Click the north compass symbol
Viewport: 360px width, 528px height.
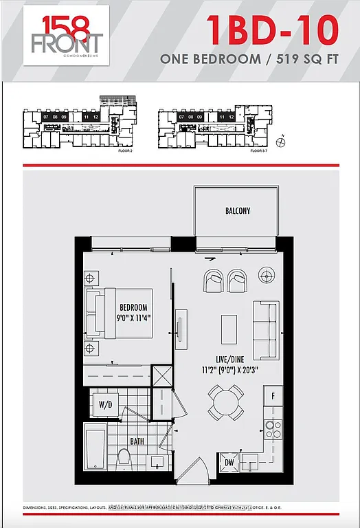[280, 142]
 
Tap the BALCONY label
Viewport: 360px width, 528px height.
[237, 212]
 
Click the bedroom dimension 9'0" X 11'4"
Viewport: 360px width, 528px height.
[135, 318]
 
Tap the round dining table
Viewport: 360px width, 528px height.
[226, 402]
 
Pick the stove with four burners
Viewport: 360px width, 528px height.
[273, 429]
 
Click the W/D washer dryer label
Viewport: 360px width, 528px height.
[105, 404]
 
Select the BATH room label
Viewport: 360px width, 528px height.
[137, 441]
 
